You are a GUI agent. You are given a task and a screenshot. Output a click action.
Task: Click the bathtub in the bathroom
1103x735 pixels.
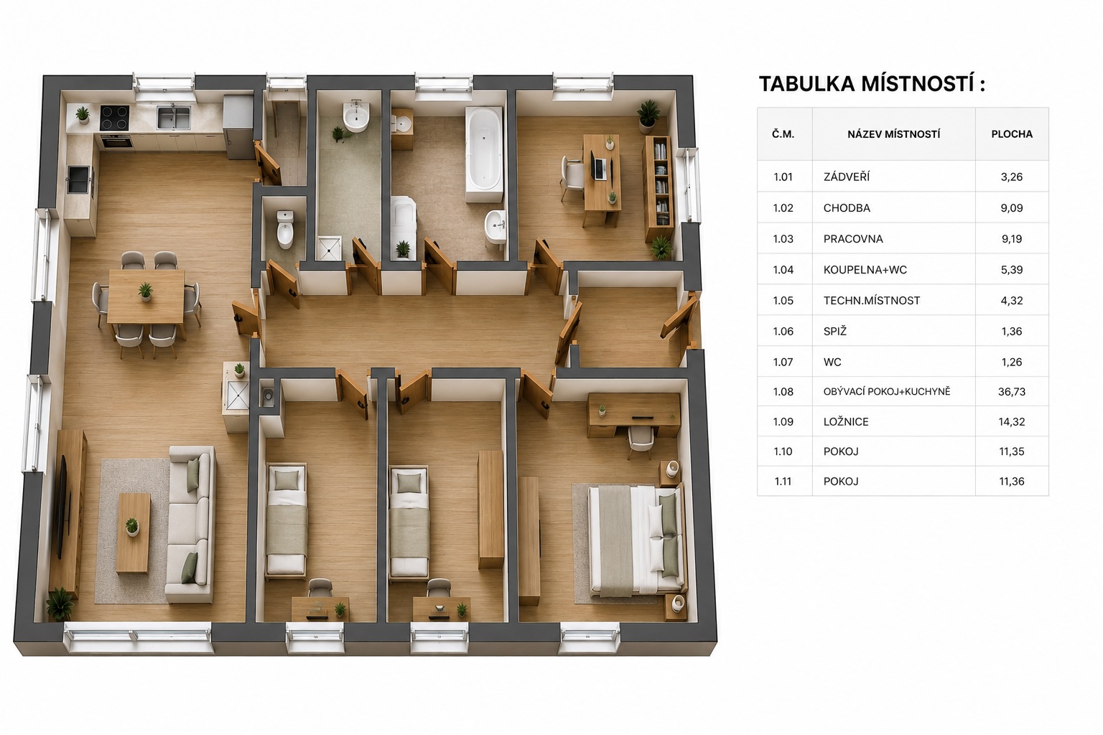pyautogui.click(x=485, y=154)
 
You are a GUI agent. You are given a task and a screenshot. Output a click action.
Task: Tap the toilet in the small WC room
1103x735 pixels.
pyautogui.click(x=285, y=230)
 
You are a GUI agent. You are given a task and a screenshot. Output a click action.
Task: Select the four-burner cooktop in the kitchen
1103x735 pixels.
pyautogui.click(x=114, y=118)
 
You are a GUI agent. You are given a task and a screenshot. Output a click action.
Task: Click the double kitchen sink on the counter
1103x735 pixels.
pyautogui.click(x=174, y=118)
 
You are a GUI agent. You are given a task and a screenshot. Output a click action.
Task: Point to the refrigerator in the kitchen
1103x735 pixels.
pyautogui.click(x=238, y=127)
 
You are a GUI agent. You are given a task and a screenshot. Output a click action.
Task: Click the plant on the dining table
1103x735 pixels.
pyautogui.click(x=145, y=291)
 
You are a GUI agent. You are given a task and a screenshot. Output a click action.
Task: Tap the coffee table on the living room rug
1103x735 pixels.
pyautogui.click(x=134, y=533)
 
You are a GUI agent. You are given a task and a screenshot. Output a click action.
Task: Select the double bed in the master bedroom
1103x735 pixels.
pyautogui.click(x=636, y=540)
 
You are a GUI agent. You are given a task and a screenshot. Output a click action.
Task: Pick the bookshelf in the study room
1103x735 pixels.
pyautogui.click(x=658, y=189)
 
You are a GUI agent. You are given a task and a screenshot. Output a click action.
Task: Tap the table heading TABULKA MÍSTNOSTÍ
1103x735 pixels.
pyautogui.click(x=872, y=84)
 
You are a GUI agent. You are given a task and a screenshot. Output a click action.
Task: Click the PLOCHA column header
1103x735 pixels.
pyautogui.click(x=1011, y=134)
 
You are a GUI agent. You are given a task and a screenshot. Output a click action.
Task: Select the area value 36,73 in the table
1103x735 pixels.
pyautogui.click(x=1011, y=392)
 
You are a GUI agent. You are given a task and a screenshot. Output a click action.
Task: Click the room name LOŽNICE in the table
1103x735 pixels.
pyautogui.click(x=846, y=422)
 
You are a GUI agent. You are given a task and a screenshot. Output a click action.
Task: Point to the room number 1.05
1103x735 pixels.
pyautogui.click(x=783, y=300)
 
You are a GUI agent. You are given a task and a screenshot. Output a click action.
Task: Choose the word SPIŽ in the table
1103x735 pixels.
pyautogui.click(x=834, y=331)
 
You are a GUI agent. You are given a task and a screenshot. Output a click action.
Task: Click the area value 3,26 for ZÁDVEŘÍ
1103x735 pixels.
pyautogui.click(x=1011, y=177)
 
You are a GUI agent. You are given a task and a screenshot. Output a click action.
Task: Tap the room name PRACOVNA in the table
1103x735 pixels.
pyautogui.click(x=853, y=239)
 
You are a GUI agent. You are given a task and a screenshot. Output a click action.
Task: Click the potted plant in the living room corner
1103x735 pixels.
pyautogui.click(x=60, y=604)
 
